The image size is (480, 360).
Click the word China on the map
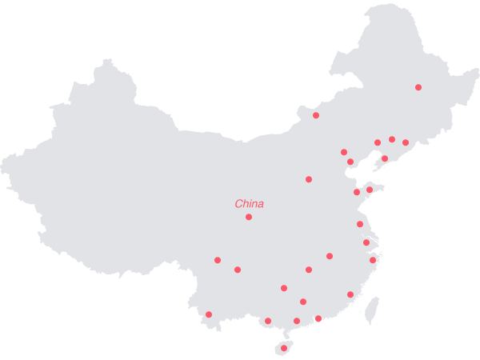pos(249,204)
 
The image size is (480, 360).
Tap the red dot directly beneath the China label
pos(249,217)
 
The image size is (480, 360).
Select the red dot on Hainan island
pos(284,348)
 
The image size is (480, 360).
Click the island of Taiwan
pos(371,311)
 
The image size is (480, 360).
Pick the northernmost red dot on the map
pos(418,87)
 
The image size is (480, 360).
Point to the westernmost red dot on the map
pos(209,314)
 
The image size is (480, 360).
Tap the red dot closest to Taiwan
pos(350,294)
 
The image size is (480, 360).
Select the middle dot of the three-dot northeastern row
pos(392,139)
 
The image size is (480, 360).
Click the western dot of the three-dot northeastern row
pos(378,142)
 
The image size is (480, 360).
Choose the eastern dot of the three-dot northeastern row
pos(406,142)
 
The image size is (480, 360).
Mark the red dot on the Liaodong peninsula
pos(385,158)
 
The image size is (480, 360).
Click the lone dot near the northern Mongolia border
pos(316,115)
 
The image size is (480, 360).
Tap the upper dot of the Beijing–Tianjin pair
pos(344,152)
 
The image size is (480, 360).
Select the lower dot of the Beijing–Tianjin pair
pos(350,162)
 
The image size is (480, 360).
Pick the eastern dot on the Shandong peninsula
pos(370,190)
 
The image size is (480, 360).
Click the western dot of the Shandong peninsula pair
pos(357,192)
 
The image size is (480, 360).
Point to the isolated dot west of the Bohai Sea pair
pos(309,179)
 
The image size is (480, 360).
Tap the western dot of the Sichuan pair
pos(218,260)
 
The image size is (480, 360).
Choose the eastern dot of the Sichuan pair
pos(238,270)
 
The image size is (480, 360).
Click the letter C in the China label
pos(238,204)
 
